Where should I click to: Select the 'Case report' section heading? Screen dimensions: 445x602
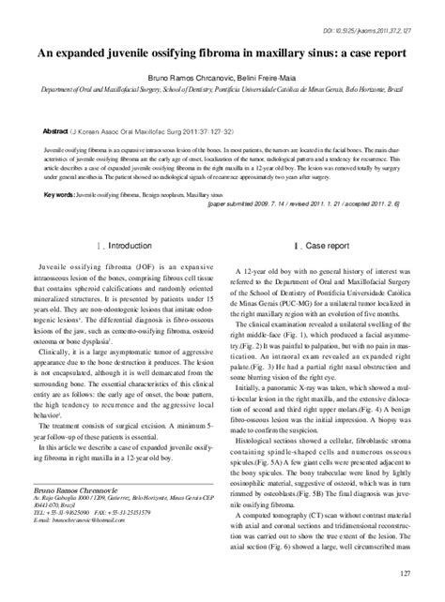click(x=322, y=246)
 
